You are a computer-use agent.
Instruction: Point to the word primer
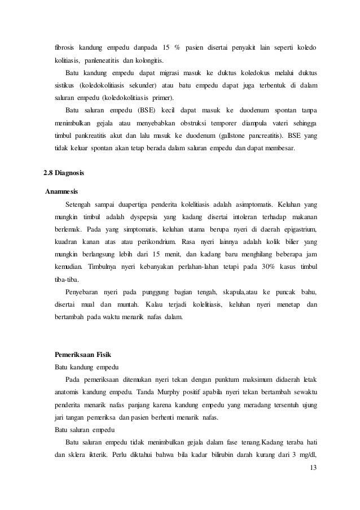click(x=160, y=97)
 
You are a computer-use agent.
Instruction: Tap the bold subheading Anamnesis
click(x=63, y=190)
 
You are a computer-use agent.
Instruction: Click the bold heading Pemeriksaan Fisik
click(x=85, y=355)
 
